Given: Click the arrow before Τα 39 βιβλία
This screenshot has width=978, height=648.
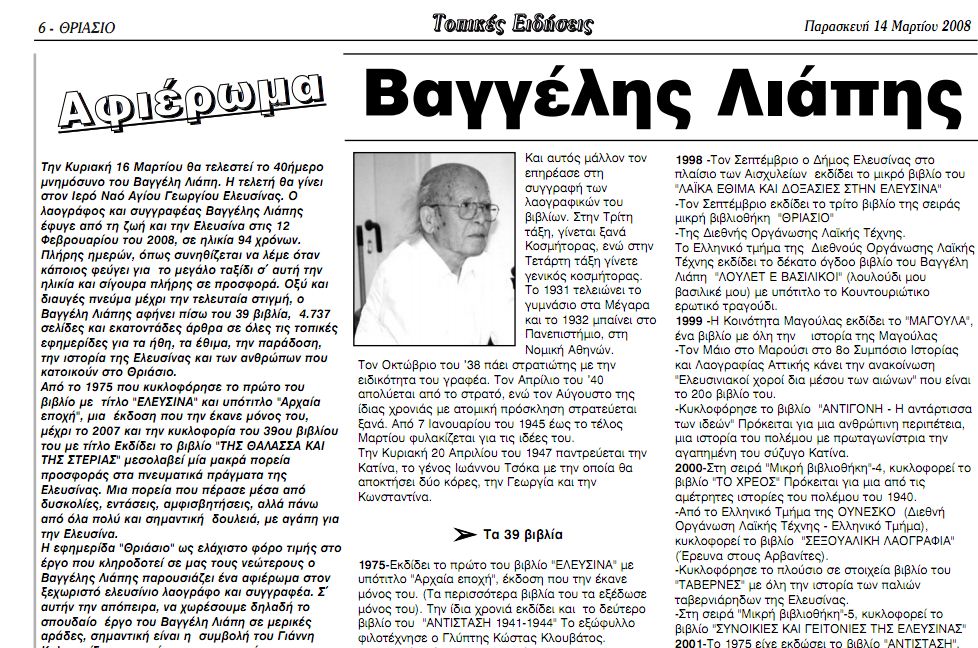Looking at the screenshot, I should click(x=464, y=533).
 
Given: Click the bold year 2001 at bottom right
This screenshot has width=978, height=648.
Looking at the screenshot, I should click(x=692, y=643).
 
